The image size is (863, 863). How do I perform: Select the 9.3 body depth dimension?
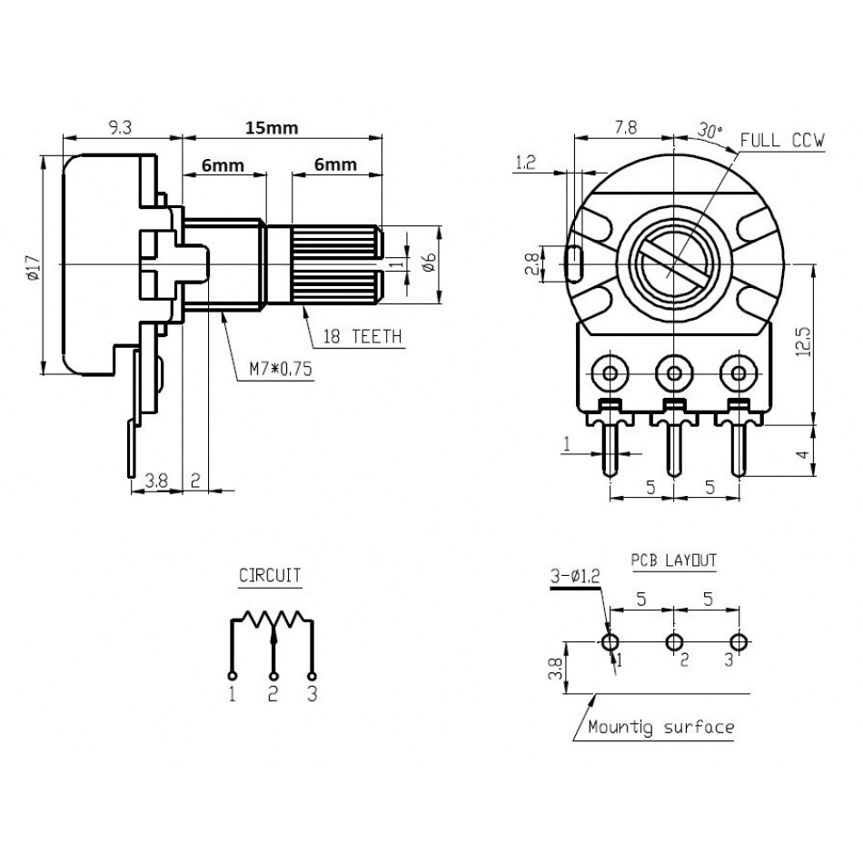120,128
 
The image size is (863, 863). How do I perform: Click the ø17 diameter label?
34,268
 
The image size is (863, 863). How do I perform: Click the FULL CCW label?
782,141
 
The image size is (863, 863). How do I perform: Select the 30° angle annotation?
710,131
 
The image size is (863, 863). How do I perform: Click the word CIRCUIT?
270,575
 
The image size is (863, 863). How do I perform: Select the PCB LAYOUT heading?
673,560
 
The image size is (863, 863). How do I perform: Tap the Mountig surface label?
660,727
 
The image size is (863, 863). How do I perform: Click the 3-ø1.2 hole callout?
575,576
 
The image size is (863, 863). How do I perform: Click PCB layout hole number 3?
739,642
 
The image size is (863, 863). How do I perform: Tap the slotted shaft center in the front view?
673,264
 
